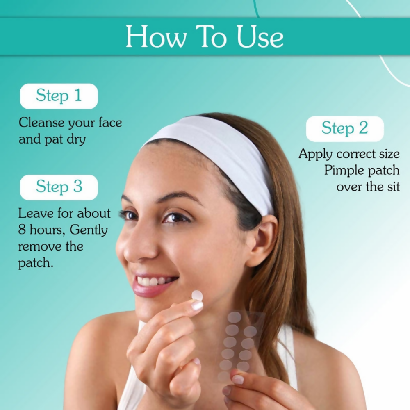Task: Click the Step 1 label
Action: tap(59, 96)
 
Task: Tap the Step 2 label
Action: tap(344, 128)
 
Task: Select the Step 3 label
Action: tap(59, 187)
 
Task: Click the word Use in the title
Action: tap(259, 37)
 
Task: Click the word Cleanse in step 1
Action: tap(42, 123)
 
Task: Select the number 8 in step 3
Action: tap(22, 230)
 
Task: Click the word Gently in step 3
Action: tap(88, 230)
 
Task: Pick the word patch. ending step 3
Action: tap(36, 263)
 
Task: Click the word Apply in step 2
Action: tap(315, 155)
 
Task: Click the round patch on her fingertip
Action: tap(197, 296)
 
